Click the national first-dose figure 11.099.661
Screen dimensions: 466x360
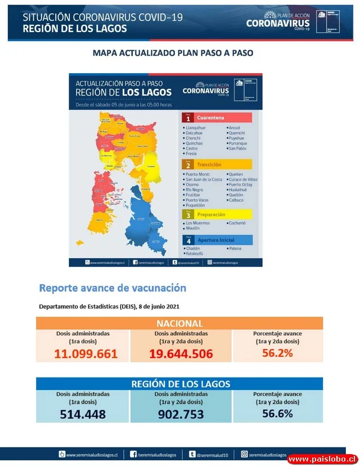[86, 354]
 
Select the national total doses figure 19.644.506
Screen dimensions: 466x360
[181, 354]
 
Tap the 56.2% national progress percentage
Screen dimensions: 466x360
[277, 353]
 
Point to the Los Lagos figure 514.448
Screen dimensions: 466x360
[83, 414]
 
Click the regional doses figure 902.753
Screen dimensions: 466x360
[181, 414]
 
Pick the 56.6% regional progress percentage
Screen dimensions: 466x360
[277, 413]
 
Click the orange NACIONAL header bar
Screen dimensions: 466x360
[179, 324]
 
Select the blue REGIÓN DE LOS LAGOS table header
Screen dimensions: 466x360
[179, 384]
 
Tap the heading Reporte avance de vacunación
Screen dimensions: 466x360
[112, 288]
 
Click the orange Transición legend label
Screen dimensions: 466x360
[209, 165]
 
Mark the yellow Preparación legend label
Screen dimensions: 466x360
[211, 214]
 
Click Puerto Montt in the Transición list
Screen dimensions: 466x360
[197, 174]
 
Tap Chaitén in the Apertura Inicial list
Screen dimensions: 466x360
[193, 248]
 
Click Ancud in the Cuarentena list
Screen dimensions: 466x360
[235, 128]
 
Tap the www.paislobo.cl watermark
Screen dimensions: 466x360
[322, 459]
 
